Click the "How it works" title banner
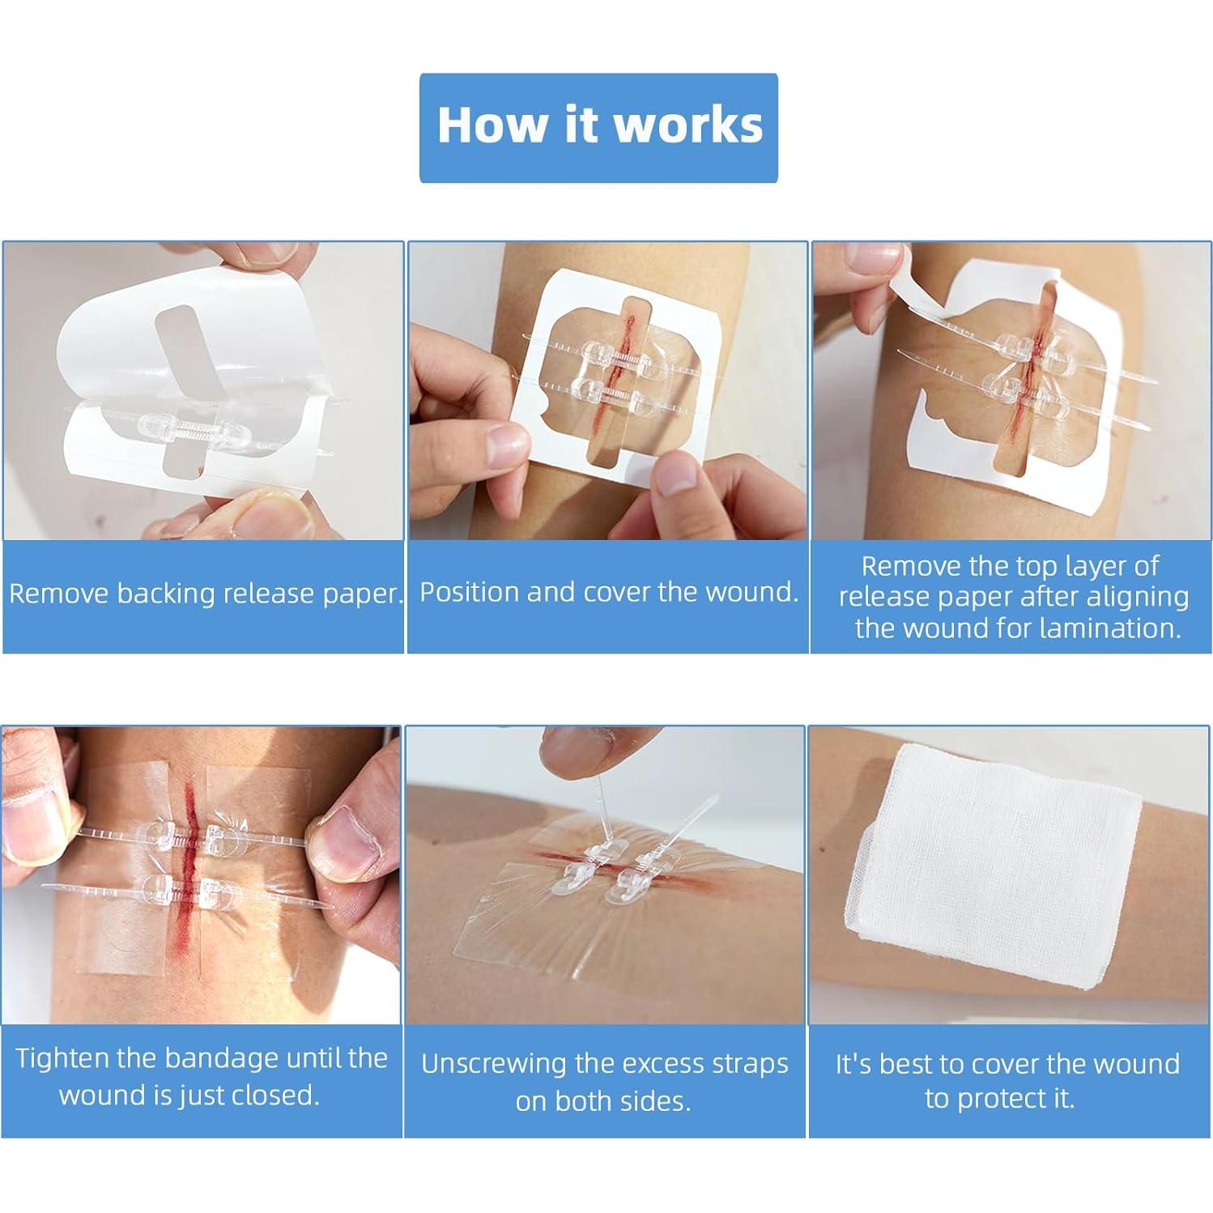point(598,128)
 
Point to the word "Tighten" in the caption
point(63,1059)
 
